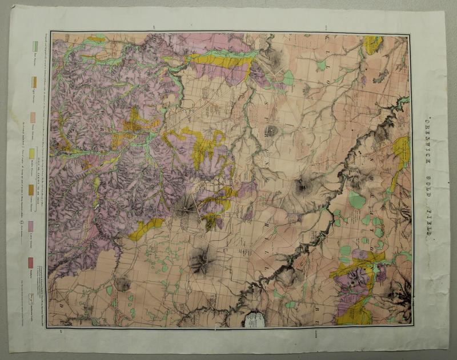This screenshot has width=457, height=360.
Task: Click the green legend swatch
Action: (x=35, y=46)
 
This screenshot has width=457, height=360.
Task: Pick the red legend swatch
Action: (x=30, y=262)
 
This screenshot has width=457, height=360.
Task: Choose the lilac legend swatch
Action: (x=31, y=226)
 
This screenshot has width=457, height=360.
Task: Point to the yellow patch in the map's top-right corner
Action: (x=372, y=45)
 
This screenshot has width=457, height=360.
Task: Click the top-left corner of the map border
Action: (x=50, y=32)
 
